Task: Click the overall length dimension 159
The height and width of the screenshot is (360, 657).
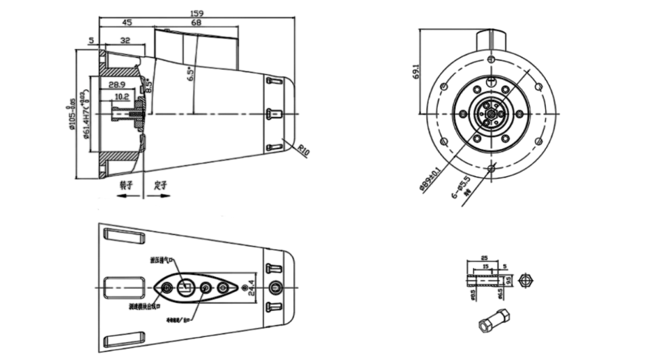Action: coord(197,12)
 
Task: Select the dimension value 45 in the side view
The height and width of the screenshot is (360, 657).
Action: coord(127,22)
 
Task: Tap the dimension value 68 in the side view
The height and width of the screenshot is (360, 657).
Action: coord(196,22)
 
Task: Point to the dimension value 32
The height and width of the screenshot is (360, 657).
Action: coord(125,41)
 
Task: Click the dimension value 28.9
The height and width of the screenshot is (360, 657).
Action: coord(118,84)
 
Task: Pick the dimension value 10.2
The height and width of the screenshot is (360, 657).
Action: coord(122,97)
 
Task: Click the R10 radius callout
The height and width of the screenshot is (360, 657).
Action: coord(302,150)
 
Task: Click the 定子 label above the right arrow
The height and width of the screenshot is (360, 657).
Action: coord(161,184)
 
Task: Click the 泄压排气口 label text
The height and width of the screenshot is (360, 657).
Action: coord(163,260)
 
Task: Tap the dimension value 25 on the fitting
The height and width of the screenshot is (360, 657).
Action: coord(484,259)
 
